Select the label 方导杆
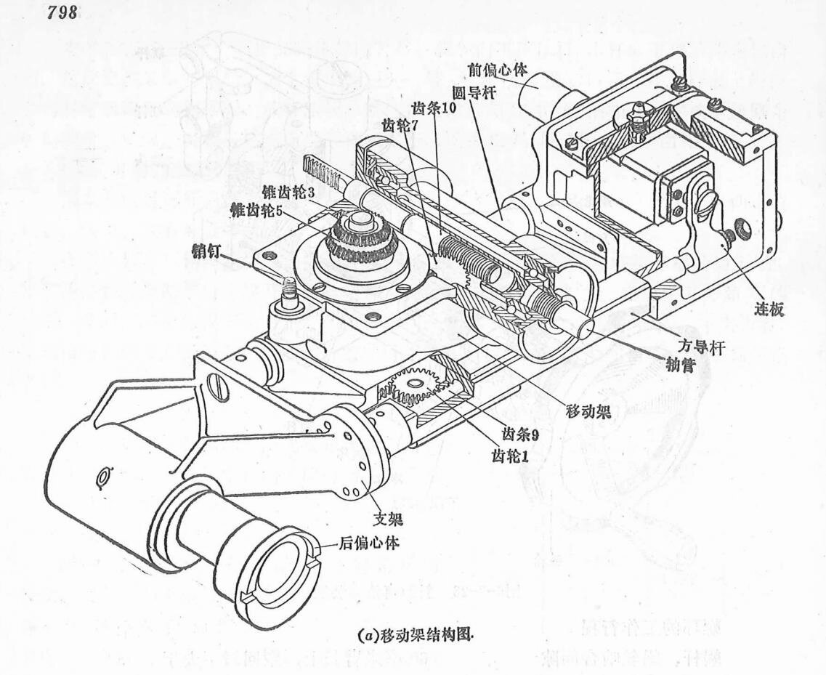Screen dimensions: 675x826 tap(704, 349)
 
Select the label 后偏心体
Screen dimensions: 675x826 tap(366, 543)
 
